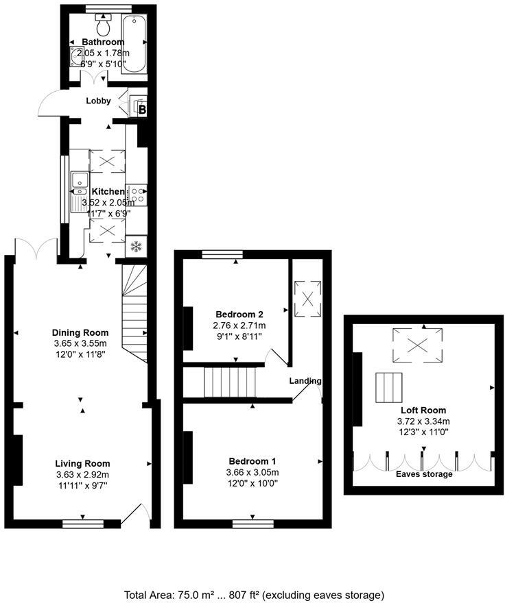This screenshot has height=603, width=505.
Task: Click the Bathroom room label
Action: [103, 42]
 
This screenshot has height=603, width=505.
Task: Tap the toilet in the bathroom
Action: [104, 27]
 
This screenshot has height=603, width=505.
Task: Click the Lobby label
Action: [98, 101]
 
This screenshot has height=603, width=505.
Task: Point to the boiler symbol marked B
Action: [143, 108]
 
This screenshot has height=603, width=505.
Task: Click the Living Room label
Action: [82, 464]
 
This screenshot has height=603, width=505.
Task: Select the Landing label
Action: [305, 381]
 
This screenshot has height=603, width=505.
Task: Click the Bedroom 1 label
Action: [252, 461]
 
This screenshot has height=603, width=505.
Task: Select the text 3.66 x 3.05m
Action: [252, 473]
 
